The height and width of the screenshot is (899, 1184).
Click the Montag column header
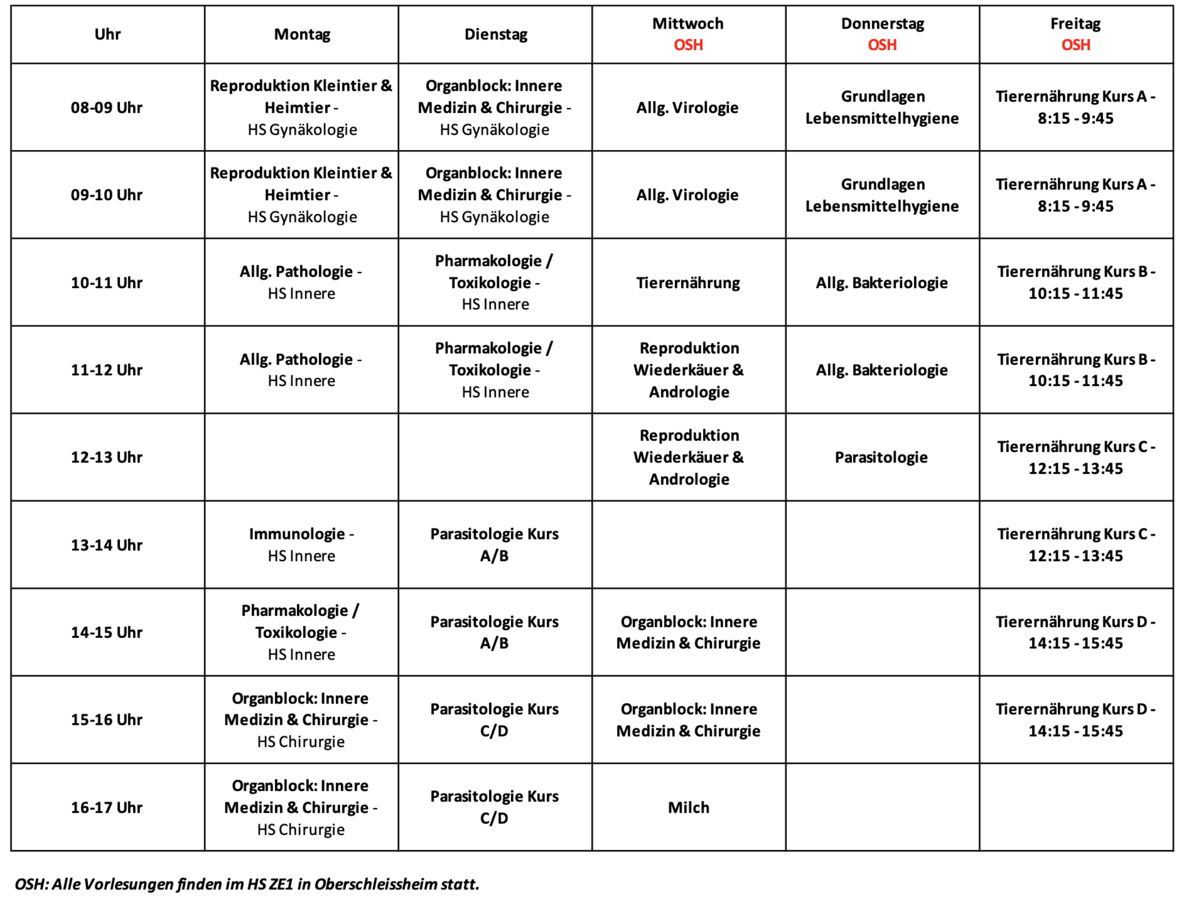(x=302, y=34)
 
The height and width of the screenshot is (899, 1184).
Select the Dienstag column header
(x=496, y=34)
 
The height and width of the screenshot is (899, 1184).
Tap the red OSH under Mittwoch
(x=688, y=45)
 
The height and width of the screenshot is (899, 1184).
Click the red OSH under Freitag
(x=1076, y=45)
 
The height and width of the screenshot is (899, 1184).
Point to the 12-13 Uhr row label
(x=107, y=457)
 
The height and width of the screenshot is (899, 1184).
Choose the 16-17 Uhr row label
(x=107, y=807)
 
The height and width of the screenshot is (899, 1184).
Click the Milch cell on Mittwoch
(x=688, y=807)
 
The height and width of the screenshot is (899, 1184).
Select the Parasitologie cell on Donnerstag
(x=882, y=457)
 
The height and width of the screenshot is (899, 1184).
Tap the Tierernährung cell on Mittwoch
(x=688, y=283)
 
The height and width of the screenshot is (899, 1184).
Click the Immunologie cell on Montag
(x=301, y=545)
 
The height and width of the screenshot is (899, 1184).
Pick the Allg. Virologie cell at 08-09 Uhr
(x=688, y=108)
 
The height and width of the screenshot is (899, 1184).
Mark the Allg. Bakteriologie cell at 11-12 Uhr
(x=882, y=370)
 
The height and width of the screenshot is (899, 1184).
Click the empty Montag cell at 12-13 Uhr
(x=301, y=457)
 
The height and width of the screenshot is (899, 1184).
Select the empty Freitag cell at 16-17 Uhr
(x=1076, y=807)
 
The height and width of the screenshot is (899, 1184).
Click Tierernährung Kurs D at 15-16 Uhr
(x=1076, y=719)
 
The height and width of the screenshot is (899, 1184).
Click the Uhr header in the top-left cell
(x=108, y=34)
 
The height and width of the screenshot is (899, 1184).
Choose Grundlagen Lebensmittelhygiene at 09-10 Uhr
(x=882, y=195)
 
